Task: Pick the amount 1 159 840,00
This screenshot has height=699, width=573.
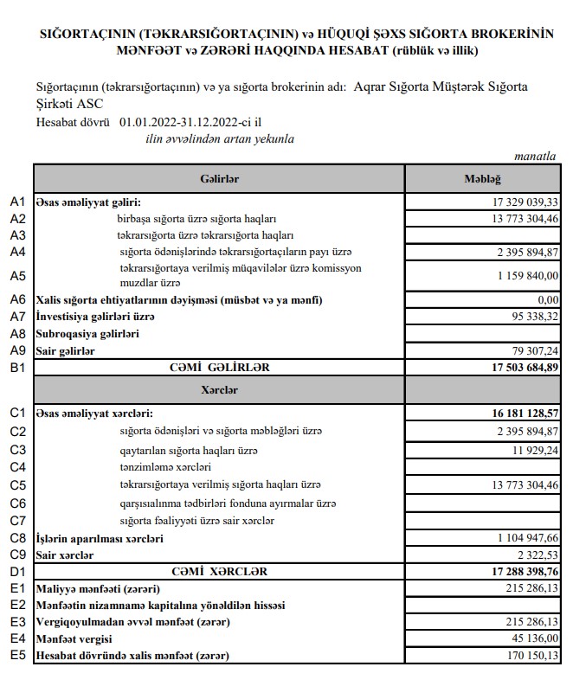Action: tap(525, 276)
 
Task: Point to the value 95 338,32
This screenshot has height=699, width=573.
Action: tap(531, 317)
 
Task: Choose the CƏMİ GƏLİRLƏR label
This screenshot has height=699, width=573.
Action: tap(219, 368)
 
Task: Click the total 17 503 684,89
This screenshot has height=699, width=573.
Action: tap(519, 368)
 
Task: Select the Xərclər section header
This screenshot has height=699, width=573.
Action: tap(218, 390)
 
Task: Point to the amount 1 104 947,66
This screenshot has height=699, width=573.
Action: tap(525, 538)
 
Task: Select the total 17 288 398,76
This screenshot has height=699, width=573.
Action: tap(519, 572)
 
